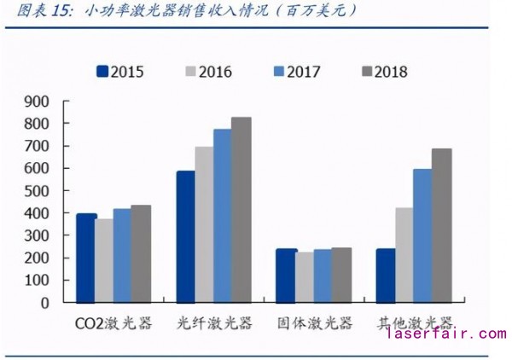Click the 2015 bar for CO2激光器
pyautogui.click(x=85, y=258)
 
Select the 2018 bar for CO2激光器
pyautogui.click(x=141, y=253)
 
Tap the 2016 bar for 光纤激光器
pyautogui.click(x=204, y=224)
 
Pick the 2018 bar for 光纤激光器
pyautogui.click(x=241, y=210)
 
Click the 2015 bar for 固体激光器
pyautogui.click(x=286, y=276)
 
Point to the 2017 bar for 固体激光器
pyautogui.click(x=323, y=276)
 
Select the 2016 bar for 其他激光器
pyautogui.click(x=403, y=255)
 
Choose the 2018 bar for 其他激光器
pyautogui.click(x=441, y=225)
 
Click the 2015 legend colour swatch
pyautogui.click(x=102, y=72)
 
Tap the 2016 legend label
pyautogui.click(x=214, y=72)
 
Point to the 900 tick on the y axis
pyautogui.click(x=38, y=102)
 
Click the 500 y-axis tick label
pyautogui.click(x=38, y=191)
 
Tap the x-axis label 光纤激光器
pyautogui.click(x=214, y=324)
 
